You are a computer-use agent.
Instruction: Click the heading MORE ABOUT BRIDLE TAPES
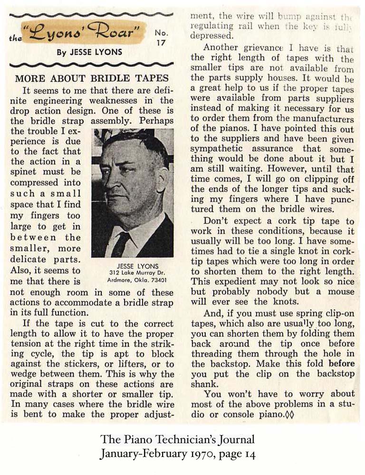91,78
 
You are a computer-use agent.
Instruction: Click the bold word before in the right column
341,363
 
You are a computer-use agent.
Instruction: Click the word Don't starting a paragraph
216,221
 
